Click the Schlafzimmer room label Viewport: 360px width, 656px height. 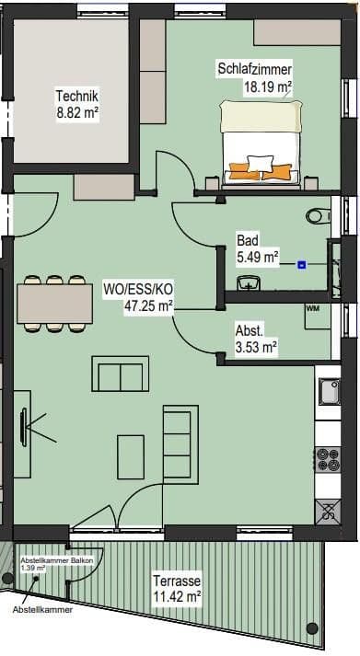pos(255,70)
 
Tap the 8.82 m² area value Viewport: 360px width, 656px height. pos(76,112)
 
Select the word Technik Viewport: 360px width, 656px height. pos(76,96)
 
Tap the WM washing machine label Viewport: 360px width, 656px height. pos(312,309)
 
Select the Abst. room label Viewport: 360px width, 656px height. pos(250,330)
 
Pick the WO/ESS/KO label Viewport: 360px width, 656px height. pos(149,289)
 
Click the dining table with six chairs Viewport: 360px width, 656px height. pos(54,303)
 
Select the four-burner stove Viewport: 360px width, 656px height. pos(328,458)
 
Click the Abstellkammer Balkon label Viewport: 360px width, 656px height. pos(53,561)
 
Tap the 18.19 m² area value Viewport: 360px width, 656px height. pos(267,87)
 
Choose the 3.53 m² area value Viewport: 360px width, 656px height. pos(257,347)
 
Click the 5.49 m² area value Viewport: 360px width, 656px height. pos(257,258)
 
